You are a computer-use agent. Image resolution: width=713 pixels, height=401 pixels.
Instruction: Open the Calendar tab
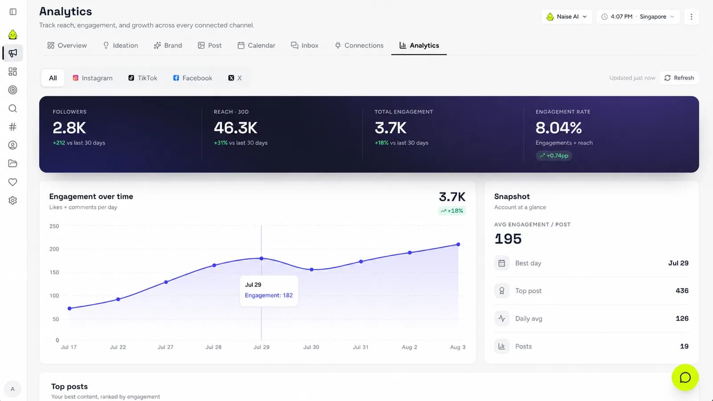pos(256,45)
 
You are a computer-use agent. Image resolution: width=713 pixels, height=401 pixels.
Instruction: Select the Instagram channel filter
pos(93,78)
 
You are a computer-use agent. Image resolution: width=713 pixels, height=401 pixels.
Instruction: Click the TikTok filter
pos(143,78)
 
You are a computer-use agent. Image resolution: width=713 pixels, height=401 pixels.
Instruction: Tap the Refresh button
pos(679,78)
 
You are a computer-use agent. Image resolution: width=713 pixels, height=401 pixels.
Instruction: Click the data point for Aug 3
pos(458,245)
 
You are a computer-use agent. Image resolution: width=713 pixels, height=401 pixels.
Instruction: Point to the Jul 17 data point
pos(70,308)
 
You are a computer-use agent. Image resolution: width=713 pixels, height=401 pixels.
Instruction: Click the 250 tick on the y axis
pos(54,226)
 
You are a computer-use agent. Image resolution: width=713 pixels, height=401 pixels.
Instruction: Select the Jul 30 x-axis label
pos(311,347)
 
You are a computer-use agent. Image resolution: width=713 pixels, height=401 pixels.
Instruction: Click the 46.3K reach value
pos(235,128)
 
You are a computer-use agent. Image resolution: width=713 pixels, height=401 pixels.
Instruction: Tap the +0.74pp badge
pos(553,155)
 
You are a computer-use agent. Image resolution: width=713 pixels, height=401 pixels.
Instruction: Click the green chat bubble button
pos(685,377)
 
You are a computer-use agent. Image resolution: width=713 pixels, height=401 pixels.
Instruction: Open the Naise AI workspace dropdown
pos(566,16)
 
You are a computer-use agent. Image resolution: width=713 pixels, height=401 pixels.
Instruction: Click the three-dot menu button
pos(691,16)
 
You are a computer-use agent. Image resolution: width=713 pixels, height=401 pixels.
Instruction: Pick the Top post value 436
pos(682,291)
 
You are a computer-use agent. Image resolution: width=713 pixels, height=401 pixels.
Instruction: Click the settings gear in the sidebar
pos(13,200)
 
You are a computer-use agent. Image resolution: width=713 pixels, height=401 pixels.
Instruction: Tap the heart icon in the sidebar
pos(13,182)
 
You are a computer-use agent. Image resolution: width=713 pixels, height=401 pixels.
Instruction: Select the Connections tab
pos(359,45)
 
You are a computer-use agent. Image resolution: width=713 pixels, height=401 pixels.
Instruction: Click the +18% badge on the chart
pos(452,211)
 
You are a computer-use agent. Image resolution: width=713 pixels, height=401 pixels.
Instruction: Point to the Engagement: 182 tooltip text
pos(269,295)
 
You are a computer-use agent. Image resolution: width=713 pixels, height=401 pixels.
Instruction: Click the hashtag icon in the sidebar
pos(13,127)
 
